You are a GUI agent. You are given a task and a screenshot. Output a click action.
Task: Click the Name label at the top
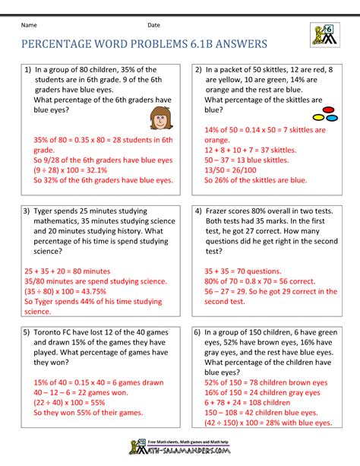pyautogui.click(x=30, y=25)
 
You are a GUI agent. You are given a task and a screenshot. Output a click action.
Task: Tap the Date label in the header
pyautogui.click(x=154, y=25)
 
